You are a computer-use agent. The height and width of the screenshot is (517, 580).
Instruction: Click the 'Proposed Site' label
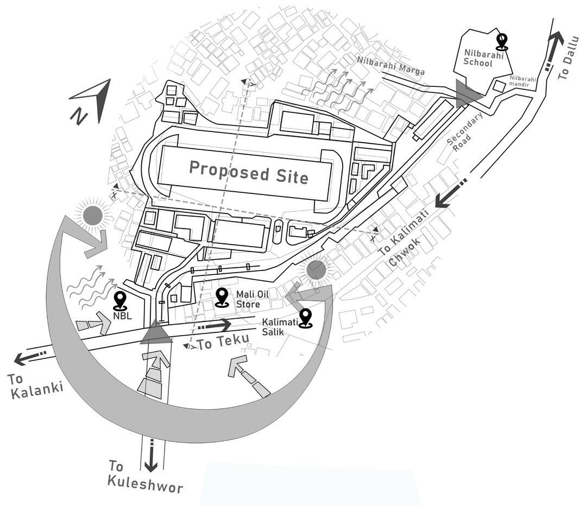tap(248, 172)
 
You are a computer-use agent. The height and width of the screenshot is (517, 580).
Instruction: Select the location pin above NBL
tap(119, 300)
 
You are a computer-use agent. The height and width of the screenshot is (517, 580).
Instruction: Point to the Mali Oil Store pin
tap(222, 297)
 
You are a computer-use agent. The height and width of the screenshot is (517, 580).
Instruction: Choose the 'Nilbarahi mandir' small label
tap(522, 81)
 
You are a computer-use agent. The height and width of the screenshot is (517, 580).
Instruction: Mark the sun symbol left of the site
tap(93, 215)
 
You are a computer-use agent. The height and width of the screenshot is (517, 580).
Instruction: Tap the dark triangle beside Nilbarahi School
tap(467, 93)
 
